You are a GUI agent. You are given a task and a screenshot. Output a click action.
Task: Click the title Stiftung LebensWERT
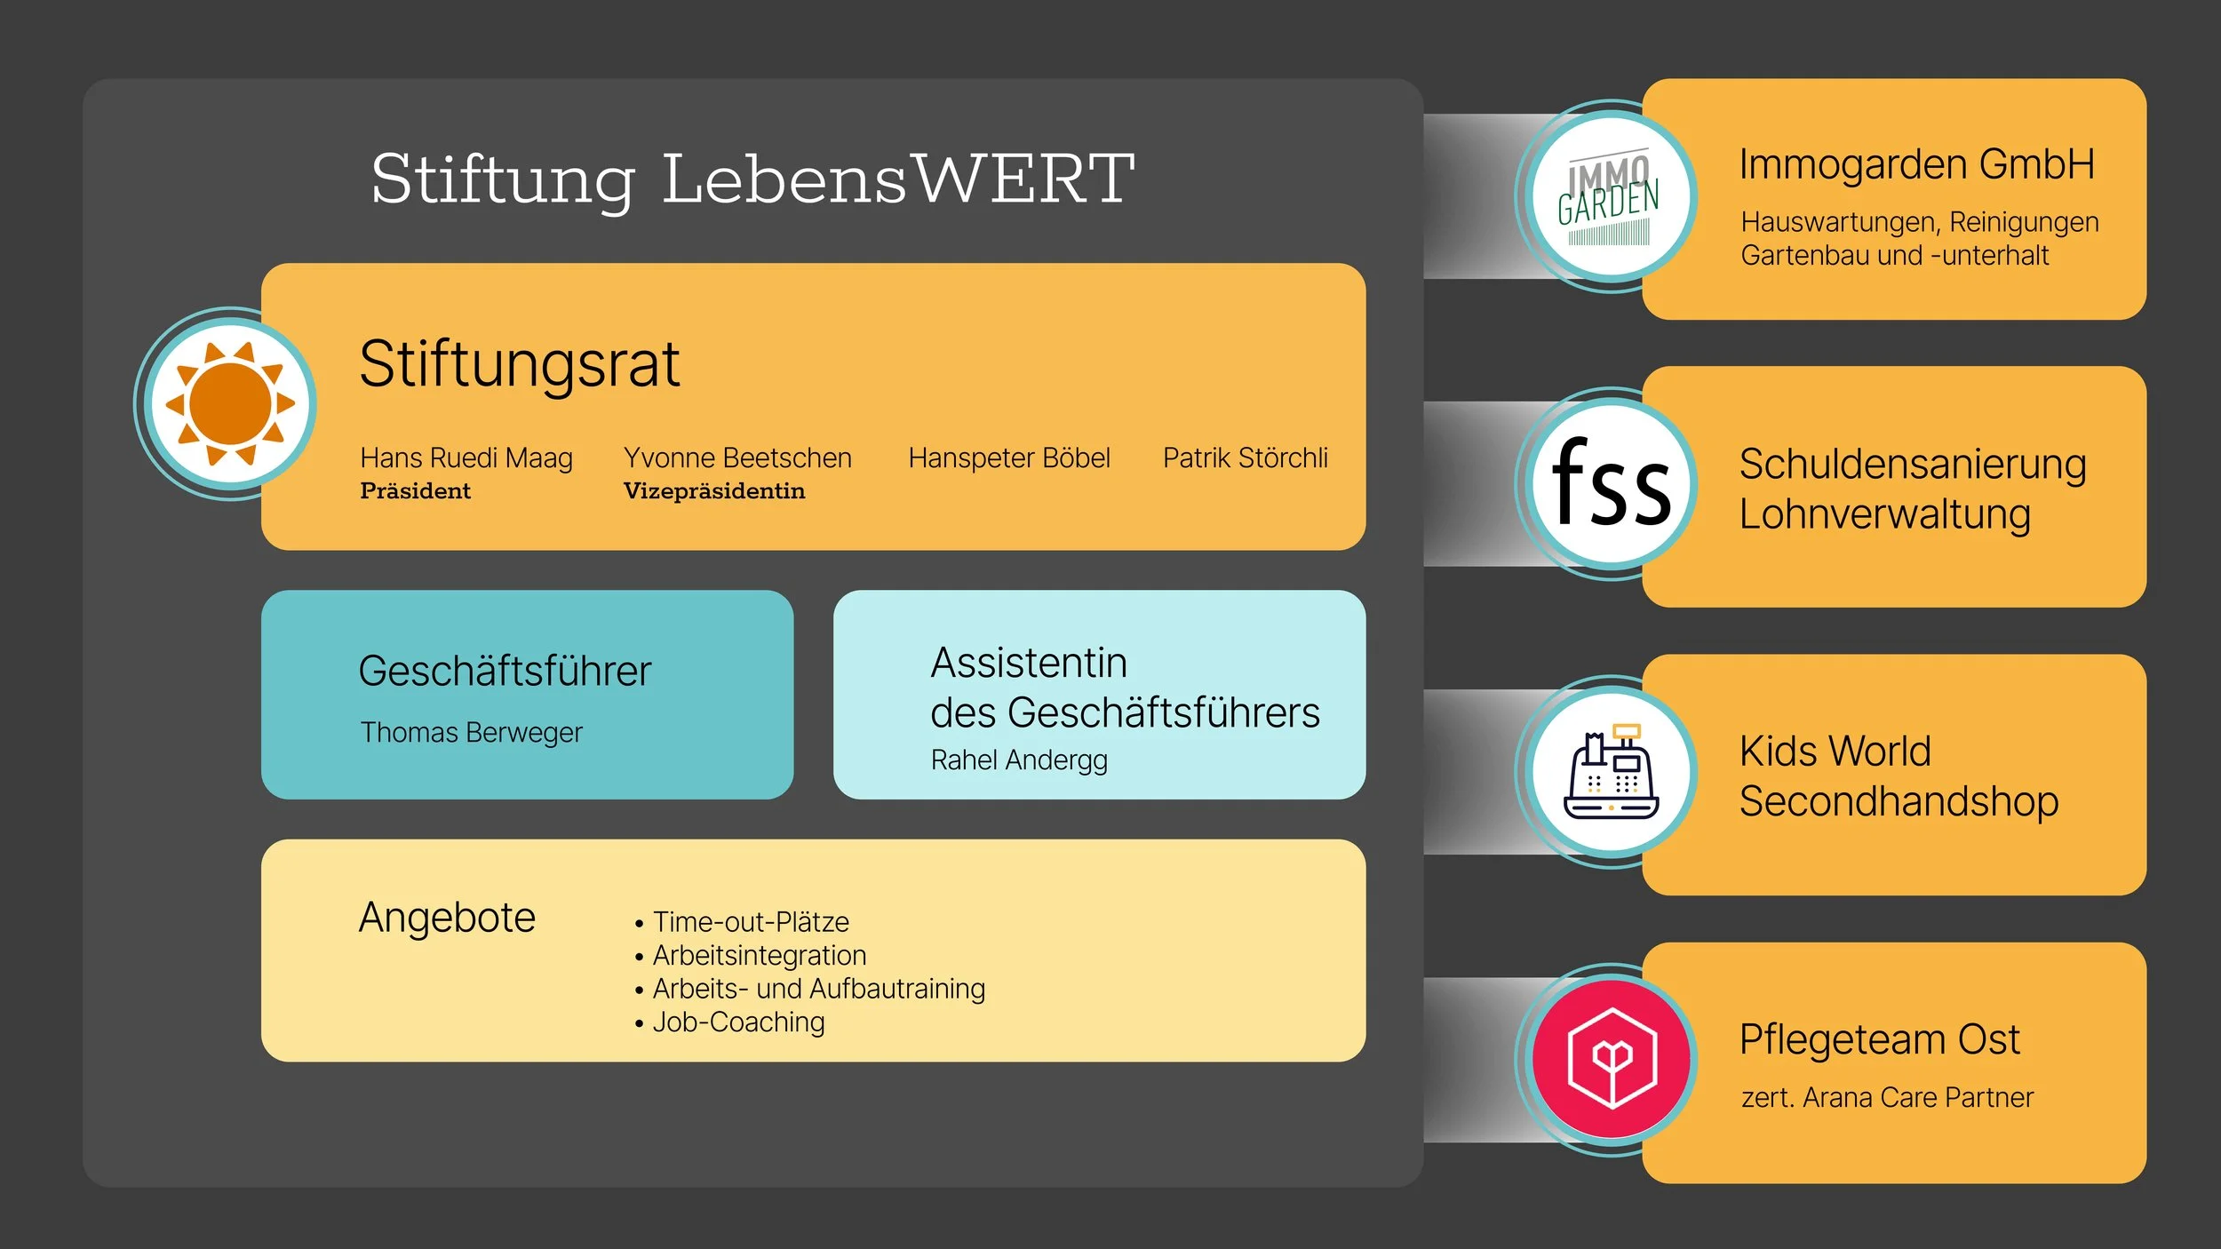point(752,179)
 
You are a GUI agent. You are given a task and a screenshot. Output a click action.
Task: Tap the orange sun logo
point(230,403)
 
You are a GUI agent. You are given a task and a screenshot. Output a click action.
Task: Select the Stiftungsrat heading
point(519,364)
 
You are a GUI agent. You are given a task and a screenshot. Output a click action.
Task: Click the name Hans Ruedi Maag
point(466,458)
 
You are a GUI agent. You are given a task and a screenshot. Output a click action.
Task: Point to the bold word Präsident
point(415,491)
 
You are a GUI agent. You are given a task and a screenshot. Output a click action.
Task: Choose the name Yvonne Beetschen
point(737,458)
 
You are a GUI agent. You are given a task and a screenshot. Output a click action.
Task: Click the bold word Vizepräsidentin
point(714,491)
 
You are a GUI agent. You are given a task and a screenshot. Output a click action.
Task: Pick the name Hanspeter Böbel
point(1009,458)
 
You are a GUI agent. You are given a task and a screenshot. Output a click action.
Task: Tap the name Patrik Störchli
point(1246,458)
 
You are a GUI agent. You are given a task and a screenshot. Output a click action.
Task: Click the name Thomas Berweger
point(471,733)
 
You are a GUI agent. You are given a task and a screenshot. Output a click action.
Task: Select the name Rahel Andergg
point(1019,760)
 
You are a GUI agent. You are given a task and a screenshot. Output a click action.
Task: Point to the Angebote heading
point(447,918)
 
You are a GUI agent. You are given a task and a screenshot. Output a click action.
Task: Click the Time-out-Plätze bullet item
point(751,922)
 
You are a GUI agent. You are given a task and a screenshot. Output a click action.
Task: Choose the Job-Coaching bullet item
point(738,1022)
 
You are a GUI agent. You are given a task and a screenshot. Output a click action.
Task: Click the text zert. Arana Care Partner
point(1887,1098)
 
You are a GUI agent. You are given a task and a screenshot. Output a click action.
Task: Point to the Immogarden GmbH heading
point(1916,165)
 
